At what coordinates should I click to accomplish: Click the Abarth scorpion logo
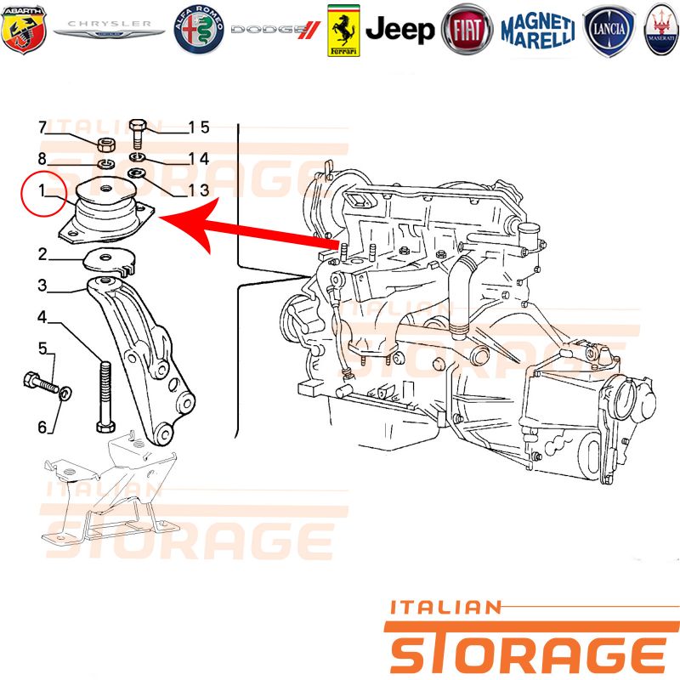pyautogui.click(x=24, y=29)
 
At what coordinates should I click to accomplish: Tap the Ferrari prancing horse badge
pyautogui.click(x=343, y=31)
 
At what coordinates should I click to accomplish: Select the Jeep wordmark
pyautogui.click(x=399, y=30)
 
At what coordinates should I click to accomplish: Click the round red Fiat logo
pyautogui.click(x=467, y=30)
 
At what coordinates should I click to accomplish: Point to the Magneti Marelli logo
pyautogui.click(x=538, y=30)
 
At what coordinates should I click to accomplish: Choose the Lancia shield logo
pyautogui.click(x=609, y=30)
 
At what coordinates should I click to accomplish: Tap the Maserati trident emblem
pyautogui.click(x=661, y=30)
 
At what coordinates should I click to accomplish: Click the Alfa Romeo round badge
pyautogui.click(x=199, y=30)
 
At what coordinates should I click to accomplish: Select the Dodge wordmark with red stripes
pyautogui.click(x=275, y=30)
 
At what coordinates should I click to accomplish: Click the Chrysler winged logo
pyautogui.click(x=109, y=29)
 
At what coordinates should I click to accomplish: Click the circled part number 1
pyautogui.click(x=42, y=190)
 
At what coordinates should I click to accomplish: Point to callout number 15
pyautogui.click(x=199, y=127)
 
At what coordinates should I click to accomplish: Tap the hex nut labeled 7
pyautogui.click(x=105, y=144)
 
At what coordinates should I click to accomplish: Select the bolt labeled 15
pyautogui.click(x=139, y=133)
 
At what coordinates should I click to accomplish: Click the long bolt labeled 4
pyautogui.click(x=105, y=396)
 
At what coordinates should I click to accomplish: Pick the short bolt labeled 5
pyautogui.click(x=41, y=382)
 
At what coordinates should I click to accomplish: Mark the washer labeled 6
pyautogui.click(x=65, y=394)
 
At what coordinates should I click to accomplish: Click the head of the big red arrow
pyautogui.click(x=186, y=223)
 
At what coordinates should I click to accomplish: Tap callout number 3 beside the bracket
pyautogui.click(x=42, y=286)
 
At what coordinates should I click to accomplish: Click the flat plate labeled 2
pyautogui.click(x=110, y=262)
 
